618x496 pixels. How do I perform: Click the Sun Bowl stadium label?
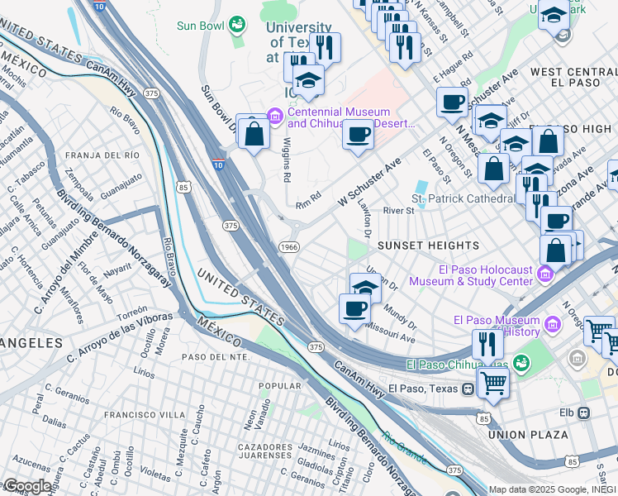pyautogui.click(x=201, y=26)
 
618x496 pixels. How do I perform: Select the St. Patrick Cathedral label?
pyautogui.click(x=463, y=199)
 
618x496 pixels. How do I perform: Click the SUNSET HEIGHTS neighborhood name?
pyautogui.click(x=428, y=246)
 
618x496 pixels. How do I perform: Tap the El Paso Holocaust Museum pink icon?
pyautogui.click(x=544, y=274)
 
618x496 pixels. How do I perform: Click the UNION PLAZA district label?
pyautogui.click(x=528, y=434)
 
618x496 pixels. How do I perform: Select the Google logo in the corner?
pyautogui.click(x=26, y=486)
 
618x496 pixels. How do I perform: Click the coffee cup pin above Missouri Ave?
pyautogui.click(x=354, y=309)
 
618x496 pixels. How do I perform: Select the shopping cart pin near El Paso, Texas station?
pyautogui.click(x=493, y=383)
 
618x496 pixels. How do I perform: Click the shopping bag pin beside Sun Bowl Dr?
pyautogui.click(x=253, y=132)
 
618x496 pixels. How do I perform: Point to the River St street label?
pyautogui.click(x=397, y=211)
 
